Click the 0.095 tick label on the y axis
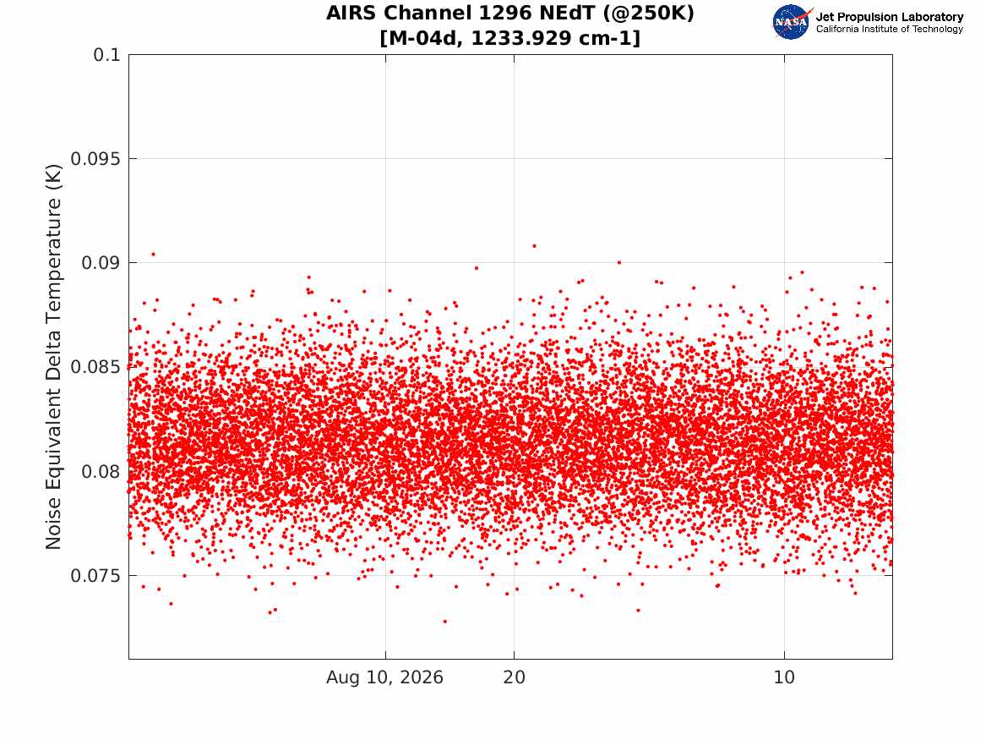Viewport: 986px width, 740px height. pyautogui.click(x=95, y=159)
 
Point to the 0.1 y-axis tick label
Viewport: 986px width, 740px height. pyautogui.click(x=106, y=55)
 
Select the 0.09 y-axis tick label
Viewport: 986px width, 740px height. pyautogui.click(x=101, y=262)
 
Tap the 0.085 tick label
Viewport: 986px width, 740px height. pyautogui.click(x=95, y=367)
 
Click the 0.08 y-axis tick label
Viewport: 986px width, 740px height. pyautogui.click(x=101, y=471)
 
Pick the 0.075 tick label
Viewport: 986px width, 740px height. pyautogui.click(x=95, y=576)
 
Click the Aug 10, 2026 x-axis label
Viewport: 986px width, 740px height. pyautogui.click(x=384, y=677)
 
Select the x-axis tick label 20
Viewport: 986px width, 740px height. pyautogui.click(x=514, y=677)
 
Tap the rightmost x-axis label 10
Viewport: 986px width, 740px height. pyautogui.click(x=784, y=677)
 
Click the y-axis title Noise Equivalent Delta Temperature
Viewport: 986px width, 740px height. pyautogui.click(x=54, y=357)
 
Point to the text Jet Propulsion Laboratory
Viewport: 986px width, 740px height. pyautogui.click(x=890, y=17)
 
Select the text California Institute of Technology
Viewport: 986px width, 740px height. pyautogui.click(x=890, y=29)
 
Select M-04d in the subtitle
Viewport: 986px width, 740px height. pyautogui.click(x=424, y=38)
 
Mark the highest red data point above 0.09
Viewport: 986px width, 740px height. pyautogui.click(x=535, y=245)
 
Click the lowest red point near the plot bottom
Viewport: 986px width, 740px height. pyautogui.click(x=445, y=621)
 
